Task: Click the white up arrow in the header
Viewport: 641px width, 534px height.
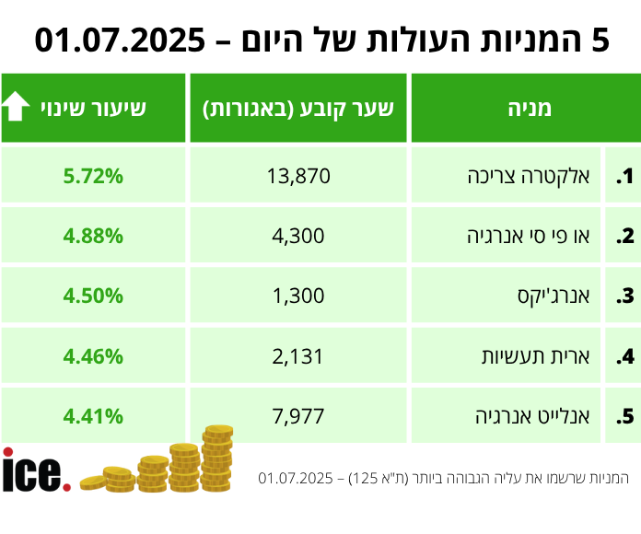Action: [x=16, y=108]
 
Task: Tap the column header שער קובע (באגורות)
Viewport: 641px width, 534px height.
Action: [x=298, y=108]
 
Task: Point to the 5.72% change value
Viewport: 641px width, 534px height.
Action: [x=93, y=176]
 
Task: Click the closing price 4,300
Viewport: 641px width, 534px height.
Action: [x=298, y=236]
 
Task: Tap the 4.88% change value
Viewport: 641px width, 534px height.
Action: [x=93, y=236]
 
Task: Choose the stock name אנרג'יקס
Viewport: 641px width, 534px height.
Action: [x=563, y=296]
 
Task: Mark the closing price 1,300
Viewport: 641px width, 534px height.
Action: [x=298, y=296]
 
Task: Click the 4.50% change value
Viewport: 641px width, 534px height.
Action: [x=93, y=296]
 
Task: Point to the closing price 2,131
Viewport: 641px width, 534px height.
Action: [x=298, y=356]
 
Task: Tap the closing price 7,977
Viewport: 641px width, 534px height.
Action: [x=298, y=416]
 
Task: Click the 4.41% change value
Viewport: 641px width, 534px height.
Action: [x=93, y=416]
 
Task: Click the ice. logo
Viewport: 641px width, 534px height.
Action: [x=35, y=471]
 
